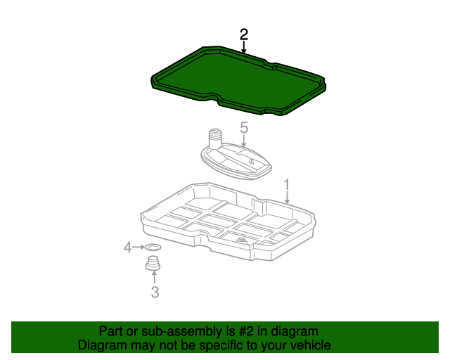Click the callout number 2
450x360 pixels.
click(x=244, y=34)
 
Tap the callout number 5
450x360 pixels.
click(x=244, y=127)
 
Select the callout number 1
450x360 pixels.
click(x=287, y=185)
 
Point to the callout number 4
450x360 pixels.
click(x=127, y=247)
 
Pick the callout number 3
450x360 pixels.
click(x=155, y=292)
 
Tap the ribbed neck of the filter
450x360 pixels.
click(x=214, y=137)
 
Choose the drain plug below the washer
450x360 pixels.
click(x=153, y=263)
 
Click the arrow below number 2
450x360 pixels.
click(x=244, y=47)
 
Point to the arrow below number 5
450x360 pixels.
click(x=244, y=141)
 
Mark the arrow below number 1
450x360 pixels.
click(x=287, y=198)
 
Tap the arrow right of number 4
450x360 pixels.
click(x=139, y=247)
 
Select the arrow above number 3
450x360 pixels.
click(x=155, y=278)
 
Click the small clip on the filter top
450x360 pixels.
click(x=252, y=161)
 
